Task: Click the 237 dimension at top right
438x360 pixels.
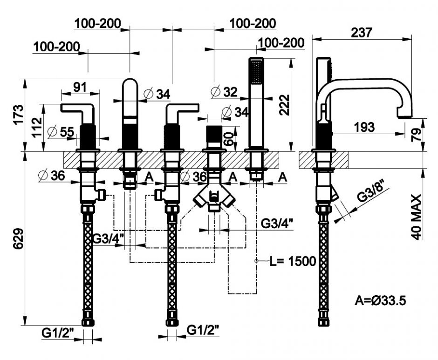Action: pos(361,33)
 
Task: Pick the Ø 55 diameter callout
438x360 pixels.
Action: pos(61,132)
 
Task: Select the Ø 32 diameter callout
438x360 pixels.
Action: pos(224,92)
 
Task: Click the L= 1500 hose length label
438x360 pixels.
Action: pos(292,261)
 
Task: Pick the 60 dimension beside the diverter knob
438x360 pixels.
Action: pos(228,138)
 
